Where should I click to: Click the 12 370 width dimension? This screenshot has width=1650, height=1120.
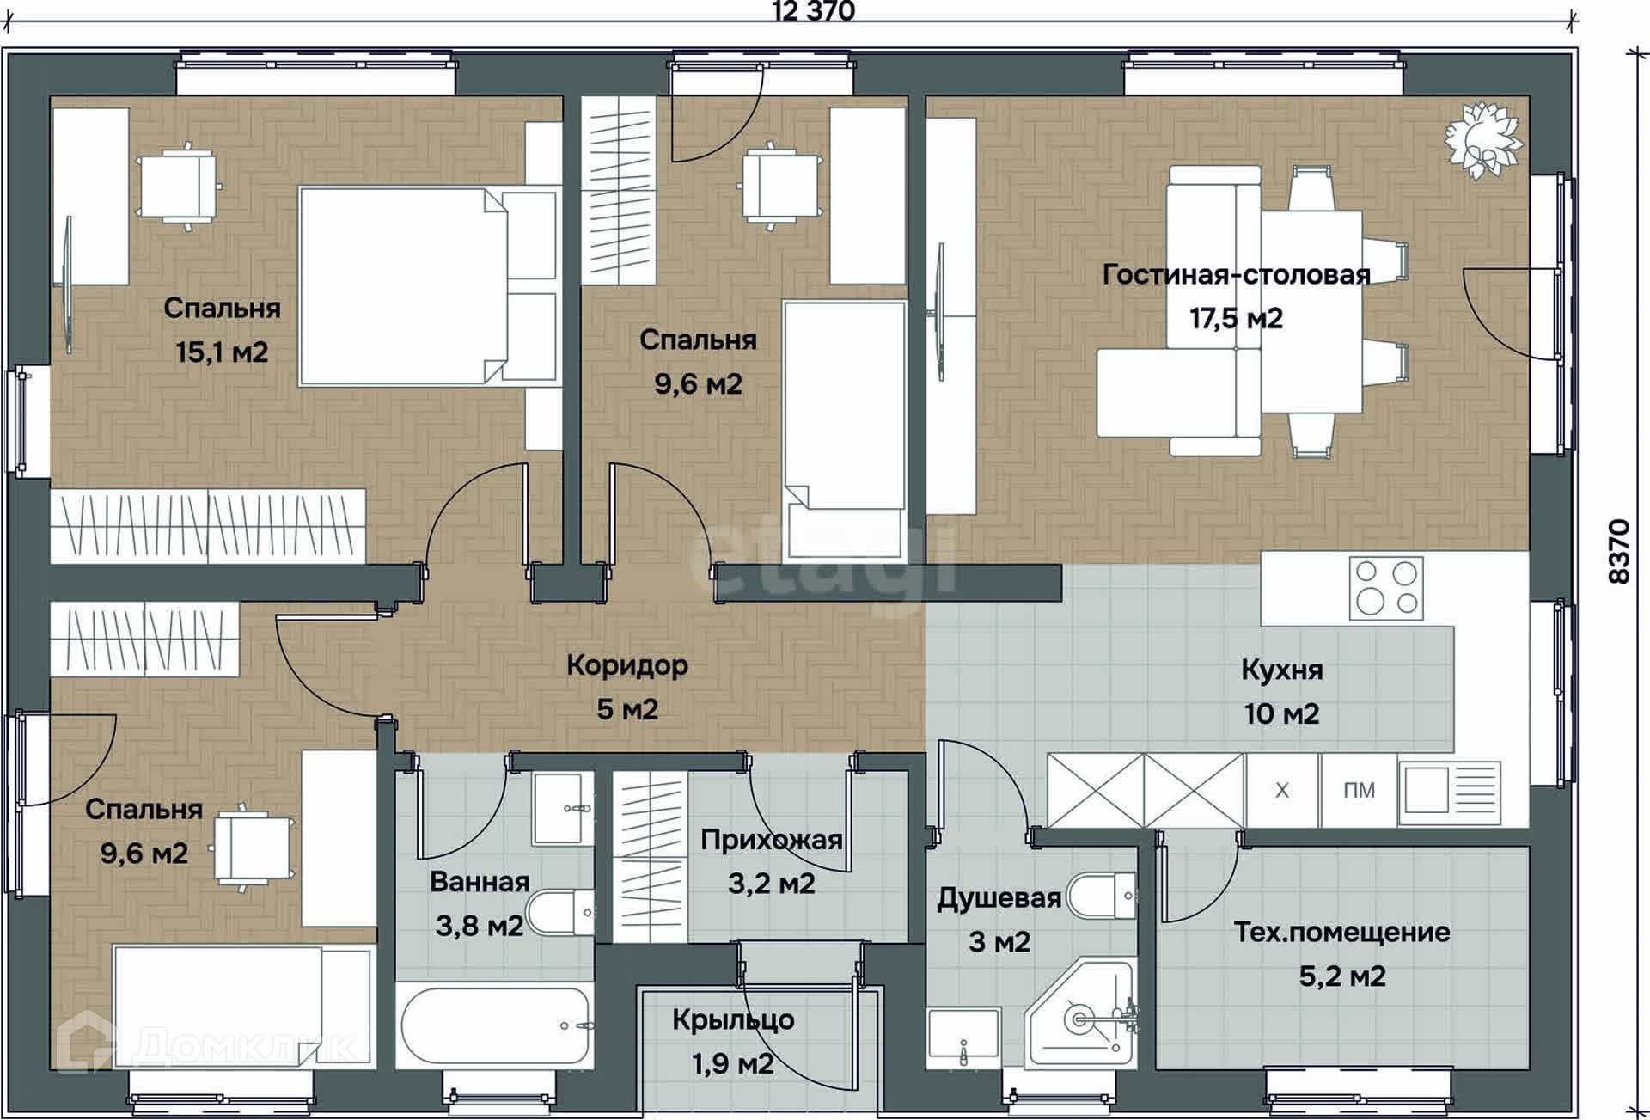813,10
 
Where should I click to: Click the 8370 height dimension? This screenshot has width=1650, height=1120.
1619,552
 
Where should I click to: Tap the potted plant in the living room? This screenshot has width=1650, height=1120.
1482,140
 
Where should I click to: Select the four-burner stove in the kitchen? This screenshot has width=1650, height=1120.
1386,588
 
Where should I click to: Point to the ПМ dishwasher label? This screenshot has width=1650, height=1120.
1359,790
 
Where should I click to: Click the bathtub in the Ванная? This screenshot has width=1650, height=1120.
495,1028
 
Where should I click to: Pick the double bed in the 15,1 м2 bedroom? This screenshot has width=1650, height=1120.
428,286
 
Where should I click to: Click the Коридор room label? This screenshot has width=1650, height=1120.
627,665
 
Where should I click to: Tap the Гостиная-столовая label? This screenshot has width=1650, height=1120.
1236,274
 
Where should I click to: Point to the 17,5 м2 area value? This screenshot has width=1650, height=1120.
1236,319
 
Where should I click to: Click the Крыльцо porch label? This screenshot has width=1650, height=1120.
733,1020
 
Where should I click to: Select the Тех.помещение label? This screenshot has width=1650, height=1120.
1341,932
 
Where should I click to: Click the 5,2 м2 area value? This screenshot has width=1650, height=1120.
1341,976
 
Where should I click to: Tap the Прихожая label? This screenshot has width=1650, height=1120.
771,840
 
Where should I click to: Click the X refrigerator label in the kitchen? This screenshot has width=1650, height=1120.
1282,790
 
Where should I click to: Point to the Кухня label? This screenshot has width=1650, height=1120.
1281,670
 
